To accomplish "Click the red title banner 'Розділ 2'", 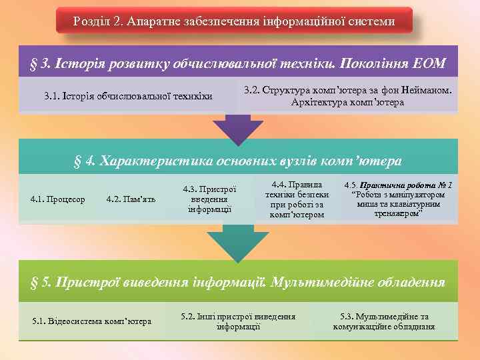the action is (234, 21).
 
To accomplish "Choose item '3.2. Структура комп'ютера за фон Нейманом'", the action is (347, 96).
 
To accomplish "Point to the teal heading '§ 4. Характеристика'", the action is (238, 161).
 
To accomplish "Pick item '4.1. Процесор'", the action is (58, 199).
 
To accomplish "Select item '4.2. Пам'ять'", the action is (131, 199).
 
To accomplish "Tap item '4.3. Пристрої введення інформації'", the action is (209, 199).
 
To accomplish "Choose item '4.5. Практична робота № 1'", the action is (399, 199).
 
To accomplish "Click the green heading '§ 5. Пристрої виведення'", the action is (238, 282).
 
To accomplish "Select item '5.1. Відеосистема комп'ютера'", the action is (91, 321).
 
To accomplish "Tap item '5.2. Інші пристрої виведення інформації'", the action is (238, 321).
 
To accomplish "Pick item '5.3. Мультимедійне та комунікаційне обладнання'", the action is (384, 321).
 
